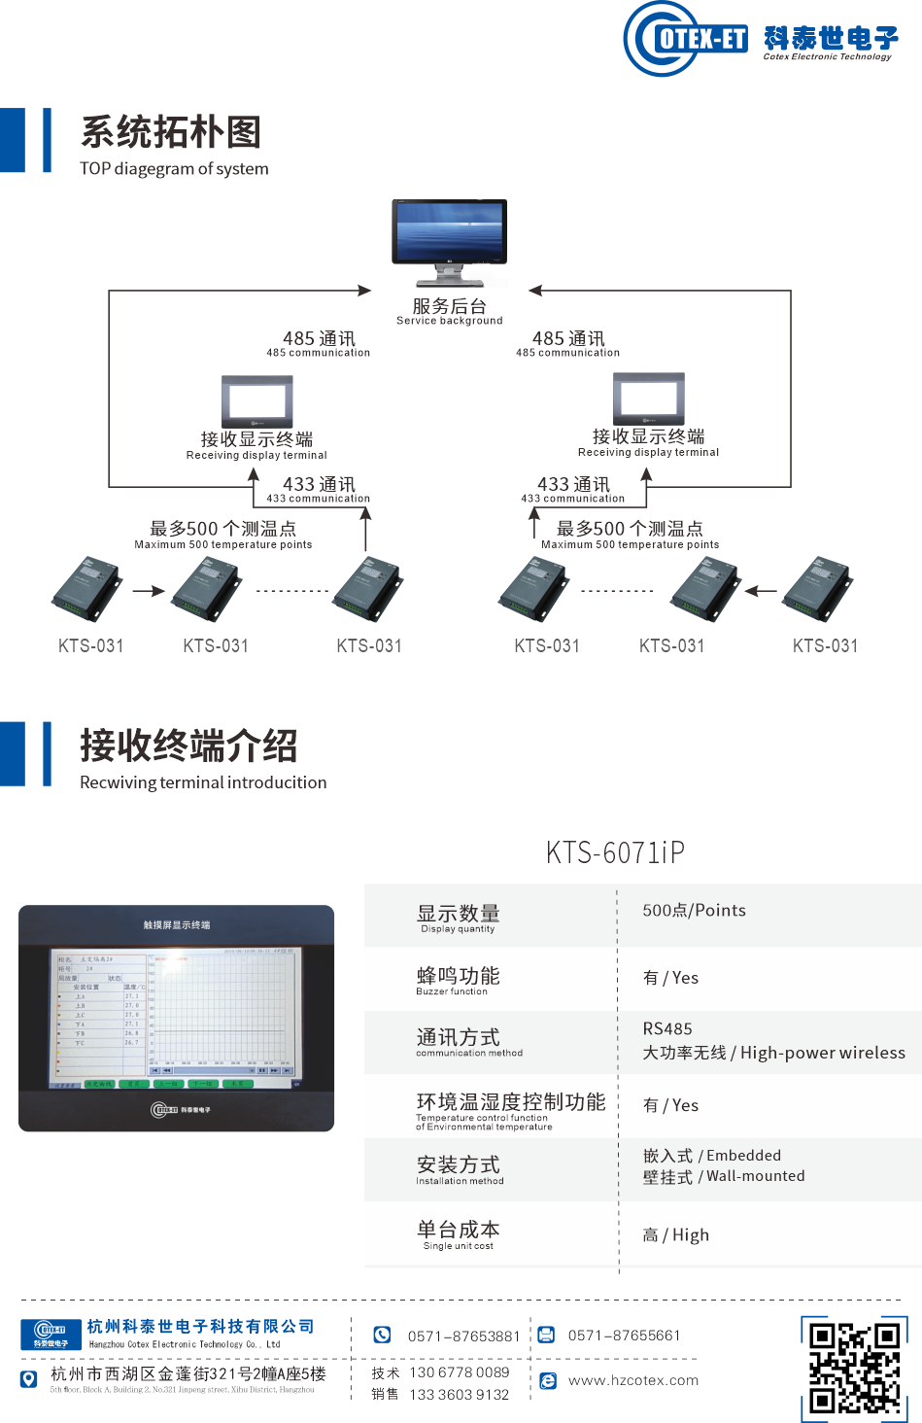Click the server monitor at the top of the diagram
(x=449, y=233)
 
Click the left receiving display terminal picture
(x=256, y=399)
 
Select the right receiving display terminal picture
(x=648, y=398)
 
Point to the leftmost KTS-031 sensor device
(x=87, y=589)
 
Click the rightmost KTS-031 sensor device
(x=818, y=589)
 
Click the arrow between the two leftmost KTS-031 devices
(x=149, y=591)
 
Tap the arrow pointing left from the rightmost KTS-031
(x=760, y=590)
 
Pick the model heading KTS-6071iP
(x=615, y=852)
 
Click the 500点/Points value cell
(x=694, y=911)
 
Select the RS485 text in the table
(x=667, y=1028)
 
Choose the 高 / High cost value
(x=675, y=1235)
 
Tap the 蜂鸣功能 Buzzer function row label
(x=458, y=979)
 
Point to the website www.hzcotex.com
(x=632, y=1380)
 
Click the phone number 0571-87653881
(x=463, y=1336)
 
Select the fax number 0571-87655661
(x=624, y=1336)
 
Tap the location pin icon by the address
(x=29, y=1378)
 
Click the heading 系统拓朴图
(x=171, y=132)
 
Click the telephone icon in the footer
(x=382, y=1335)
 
